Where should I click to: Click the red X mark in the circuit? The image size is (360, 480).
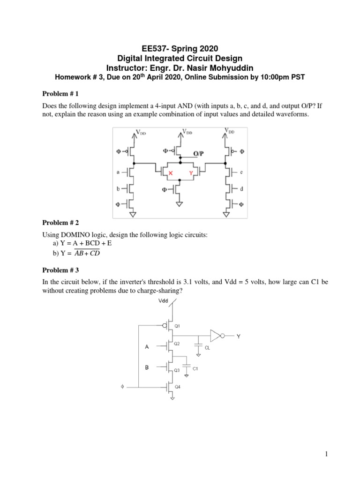tap(171, 173)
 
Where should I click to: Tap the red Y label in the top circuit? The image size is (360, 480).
tap(190, 173)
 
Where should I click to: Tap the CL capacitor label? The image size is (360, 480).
tap(207, 348)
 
